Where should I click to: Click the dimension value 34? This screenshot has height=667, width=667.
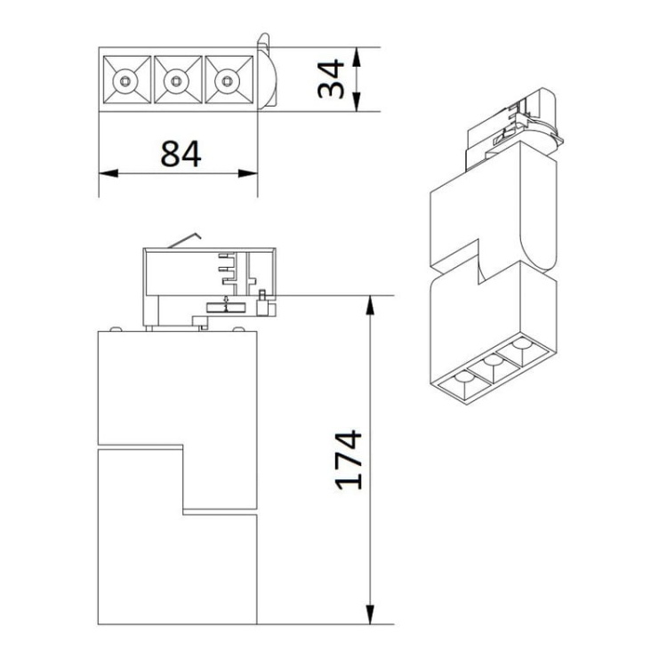[330, 79]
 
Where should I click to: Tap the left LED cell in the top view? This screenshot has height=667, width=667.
[125, 82]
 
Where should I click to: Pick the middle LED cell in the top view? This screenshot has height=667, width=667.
[178, 82]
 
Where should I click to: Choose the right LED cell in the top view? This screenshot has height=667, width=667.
[230, 82]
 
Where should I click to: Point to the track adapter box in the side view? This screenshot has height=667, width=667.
[209, 281]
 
